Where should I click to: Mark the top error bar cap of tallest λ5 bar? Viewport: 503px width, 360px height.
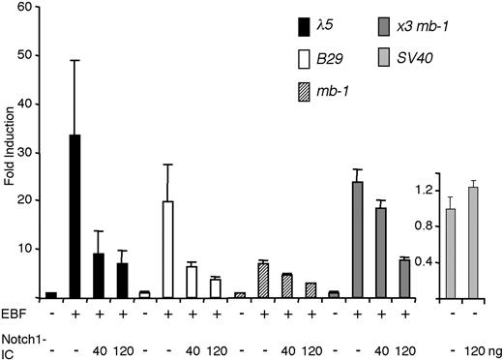pos(74,61)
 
